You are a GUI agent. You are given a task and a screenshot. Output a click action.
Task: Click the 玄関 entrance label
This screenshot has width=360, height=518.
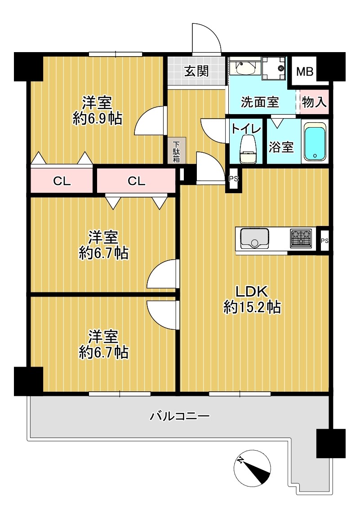click(196, 71)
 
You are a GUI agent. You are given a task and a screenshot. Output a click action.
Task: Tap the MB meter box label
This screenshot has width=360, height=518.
click(304, 71)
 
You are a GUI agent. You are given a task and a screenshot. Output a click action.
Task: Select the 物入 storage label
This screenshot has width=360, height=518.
click(314, 102)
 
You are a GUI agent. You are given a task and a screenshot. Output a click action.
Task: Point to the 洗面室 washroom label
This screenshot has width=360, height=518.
click(259, 102)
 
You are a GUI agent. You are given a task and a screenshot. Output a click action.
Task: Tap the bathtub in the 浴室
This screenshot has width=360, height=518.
click(315, 142)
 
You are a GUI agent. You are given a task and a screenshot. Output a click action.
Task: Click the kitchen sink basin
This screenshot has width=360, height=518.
click(254, 238)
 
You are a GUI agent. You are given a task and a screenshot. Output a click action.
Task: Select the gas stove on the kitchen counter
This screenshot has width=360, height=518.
click(301, 239)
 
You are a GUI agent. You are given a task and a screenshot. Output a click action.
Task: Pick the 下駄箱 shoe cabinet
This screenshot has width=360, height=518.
click(177, 151)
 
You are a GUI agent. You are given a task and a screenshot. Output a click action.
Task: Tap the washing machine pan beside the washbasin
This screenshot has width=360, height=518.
click(273, 68)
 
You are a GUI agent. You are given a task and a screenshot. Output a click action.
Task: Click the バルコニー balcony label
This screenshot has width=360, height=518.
click(180, 416)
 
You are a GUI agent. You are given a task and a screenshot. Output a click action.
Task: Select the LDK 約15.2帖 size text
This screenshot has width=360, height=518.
click(252, 299)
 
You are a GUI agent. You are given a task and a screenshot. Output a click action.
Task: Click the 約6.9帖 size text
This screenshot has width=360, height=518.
click(97, 119)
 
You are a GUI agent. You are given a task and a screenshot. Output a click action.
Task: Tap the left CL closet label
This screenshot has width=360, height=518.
click(62, 181)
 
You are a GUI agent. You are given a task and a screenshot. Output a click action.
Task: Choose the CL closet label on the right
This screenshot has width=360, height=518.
click(137, 181)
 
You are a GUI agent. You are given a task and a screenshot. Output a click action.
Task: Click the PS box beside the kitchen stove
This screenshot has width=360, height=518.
click(324, 241)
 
